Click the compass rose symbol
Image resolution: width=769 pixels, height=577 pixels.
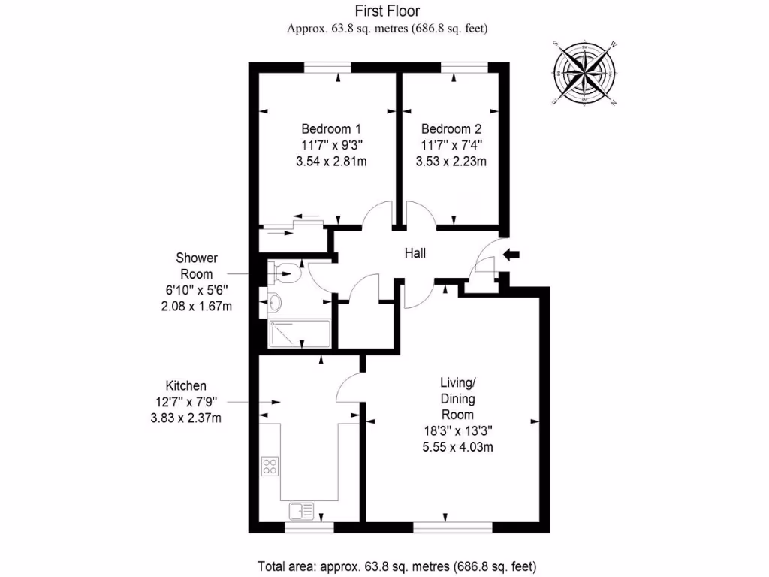pyautogui.click(x=584, y=73)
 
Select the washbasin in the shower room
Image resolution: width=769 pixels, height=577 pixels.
pyautogui.click(x=276, y=304)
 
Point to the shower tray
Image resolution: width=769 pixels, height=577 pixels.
pyautogui.click(x=299, y=334)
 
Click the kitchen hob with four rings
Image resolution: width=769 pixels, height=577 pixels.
pyautogui.click(x=269, y=466)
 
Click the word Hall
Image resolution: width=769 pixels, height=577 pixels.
pyautogui.click(x=415, y=253)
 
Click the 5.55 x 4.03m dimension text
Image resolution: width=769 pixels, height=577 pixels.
pyautogui.click(x=457, y=448)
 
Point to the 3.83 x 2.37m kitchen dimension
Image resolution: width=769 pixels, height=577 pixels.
pyautogui.click(x=186, y=418)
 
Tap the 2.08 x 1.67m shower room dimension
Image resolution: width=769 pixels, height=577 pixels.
pyautogui.click(x=195, y=307)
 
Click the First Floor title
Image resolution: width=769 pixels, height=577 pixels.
pyautogui.click(x=388, y=11)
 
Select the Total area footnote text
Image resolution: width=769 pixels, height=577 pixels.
pyautogui.click(x=397, y=566)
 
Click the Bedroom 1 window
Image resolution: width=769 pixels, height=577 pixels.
pyautogui.click(x=328, y=68)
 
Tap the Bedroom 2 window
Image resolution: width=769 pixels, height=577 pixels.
pyautogui.click(x=463, y=68)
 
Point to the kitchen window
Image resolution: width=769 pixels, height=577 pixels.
pyautogui.click(x=309, y=527)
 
